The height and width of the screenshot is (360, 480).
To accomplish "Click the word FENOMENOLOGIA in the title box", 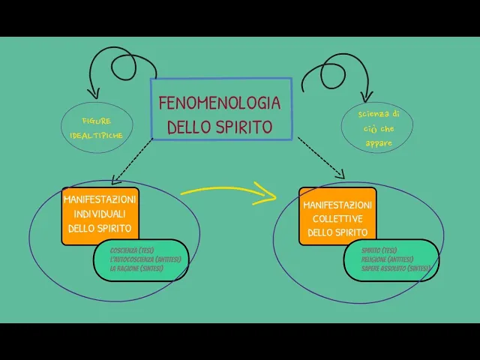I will (x=220, y=103).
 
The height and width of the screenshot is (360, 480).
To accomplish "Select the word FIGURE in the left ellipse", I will (x=97, y=121).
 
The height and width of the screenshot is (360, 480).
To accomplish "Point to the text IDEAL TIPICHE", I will (x=97, y=135).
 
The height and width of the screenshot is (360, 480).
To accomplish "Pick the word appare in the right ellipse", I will (x=379, y=142).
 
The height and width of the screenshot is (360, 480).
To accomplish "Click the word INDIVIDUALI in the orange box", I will (x=100, y=214).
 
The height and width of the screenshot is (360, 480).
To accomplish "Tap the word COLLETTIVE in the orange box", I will (x=337, y=218).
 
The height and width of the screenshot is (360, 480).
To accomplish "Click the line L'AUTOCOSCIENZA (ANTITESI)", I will (x=145, y=259).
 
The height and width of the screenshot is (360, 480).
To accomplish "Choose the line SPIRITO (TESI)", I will (x=379, y=250).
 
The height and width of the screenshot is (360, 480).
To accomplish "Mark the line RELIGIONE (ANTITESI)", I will (x=387, y=259).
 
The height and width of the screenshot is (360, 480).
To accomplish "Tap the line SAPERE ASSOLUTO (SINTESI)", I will (x=395, y=268).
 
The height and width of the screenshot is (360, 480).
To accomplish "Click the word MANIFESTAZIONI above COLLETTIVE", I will (x=337, y=205).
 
